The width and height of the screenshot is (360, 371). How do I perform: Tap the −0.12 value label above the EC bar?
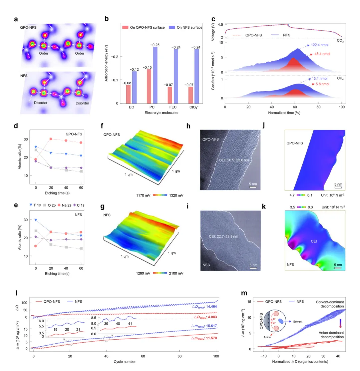tap(134, 69)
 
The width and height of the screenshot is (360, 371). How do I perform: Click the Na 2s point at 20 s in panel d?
tap(51, 139)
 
